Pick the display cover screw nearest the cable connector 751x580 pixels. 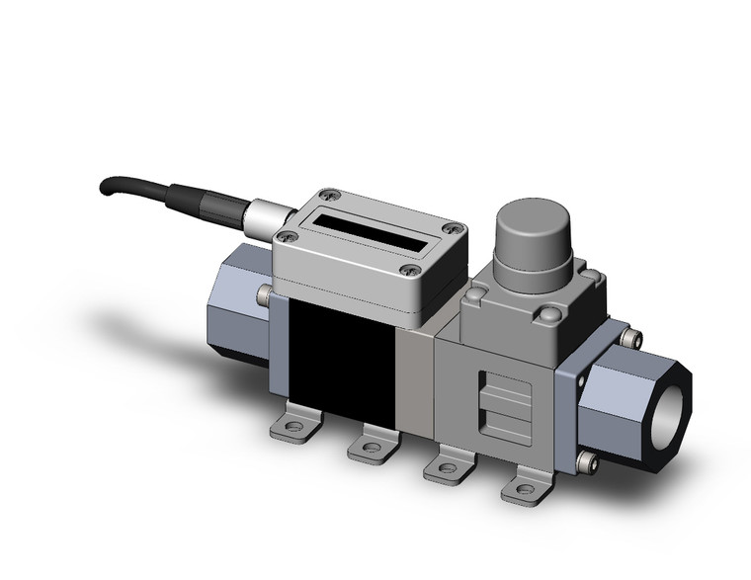pyautogui.click(x=288, y=235)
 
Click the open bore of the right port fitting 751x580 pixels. pyautogui.click(x=672, y=384)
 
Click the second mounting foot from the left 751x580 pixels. pyautogui.click(x=371, y=449)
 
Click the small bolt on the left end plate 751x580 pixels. pyautogui.click(x=264, y=293)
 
